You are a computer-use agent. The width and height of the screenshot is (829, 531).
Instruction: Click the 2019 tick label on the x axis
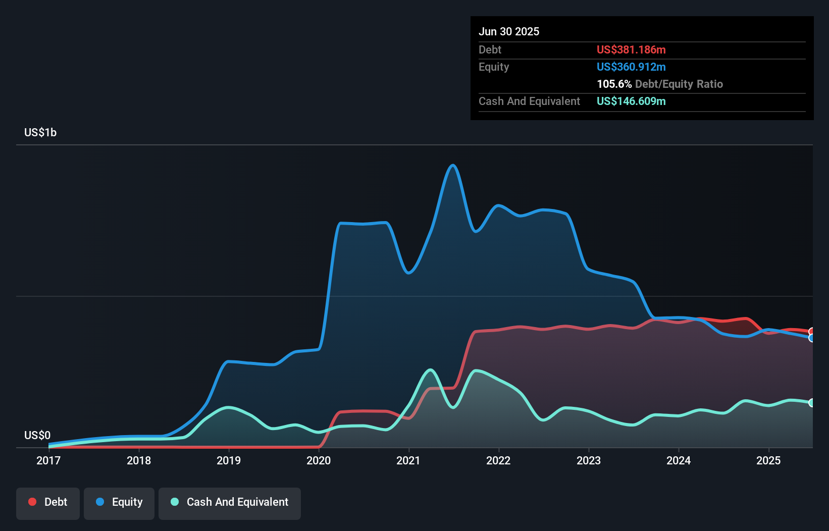[229, 460]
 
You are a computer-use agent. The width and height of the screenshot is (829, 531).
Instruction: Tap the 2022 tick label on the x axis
[498, 460]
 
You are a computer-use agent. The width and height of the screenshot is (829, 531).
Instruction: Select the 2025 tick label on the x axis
[768, 460]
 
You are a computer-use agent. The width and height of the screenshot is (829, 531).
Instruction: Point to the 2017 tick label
[48, 460]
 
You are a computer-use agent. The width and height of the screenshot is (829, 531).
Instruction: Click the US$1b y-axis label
[40, 133]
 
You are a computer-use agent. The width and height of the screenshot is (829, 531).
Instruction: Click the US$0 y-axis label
[37, 435]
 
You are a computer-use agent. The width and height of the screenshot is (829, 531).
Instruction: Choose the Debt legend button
[48, 502]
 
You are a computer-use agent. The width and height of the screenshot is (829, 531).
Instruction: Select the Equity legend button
[119, 502]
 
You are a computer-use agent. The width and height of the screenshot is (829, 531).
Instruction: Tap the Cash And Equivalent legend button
[230, 502]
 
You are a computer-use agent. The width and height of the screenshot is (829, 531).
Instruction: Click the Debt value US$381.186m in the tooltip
[631, 49]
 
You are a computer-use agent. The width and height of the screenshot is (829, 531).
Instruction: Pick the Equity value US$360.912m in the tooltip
[631, 67]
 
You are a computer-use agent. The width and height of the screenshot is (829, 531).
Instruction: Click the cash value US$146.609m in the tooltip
[631, 101]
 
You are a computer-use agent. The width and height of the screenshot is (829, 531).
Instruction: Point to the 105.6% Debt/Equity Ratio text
[659, 84]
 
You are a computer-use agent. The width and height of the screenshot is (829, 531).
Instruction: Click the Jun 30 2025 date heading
[509, 31]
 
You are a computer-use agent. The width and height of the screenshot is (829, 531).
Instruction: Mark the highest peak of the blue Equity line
[453, 165]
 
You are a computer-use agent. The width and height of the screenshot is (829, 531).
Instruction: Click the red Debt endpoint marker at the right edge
[812, 332]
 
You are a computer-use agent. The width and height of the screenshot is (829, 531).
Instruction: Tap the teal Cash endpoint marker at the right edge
[812, 403]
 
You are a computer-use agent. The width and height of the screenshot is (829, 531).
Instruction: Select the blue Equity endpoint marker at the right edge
[812, 338]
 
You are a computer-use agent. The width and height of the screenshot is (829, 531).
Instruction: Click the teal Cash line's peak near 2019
[229, 407]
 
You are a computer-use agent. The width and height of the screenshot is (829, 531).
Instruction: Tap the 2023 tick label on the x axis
[589, 460]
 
